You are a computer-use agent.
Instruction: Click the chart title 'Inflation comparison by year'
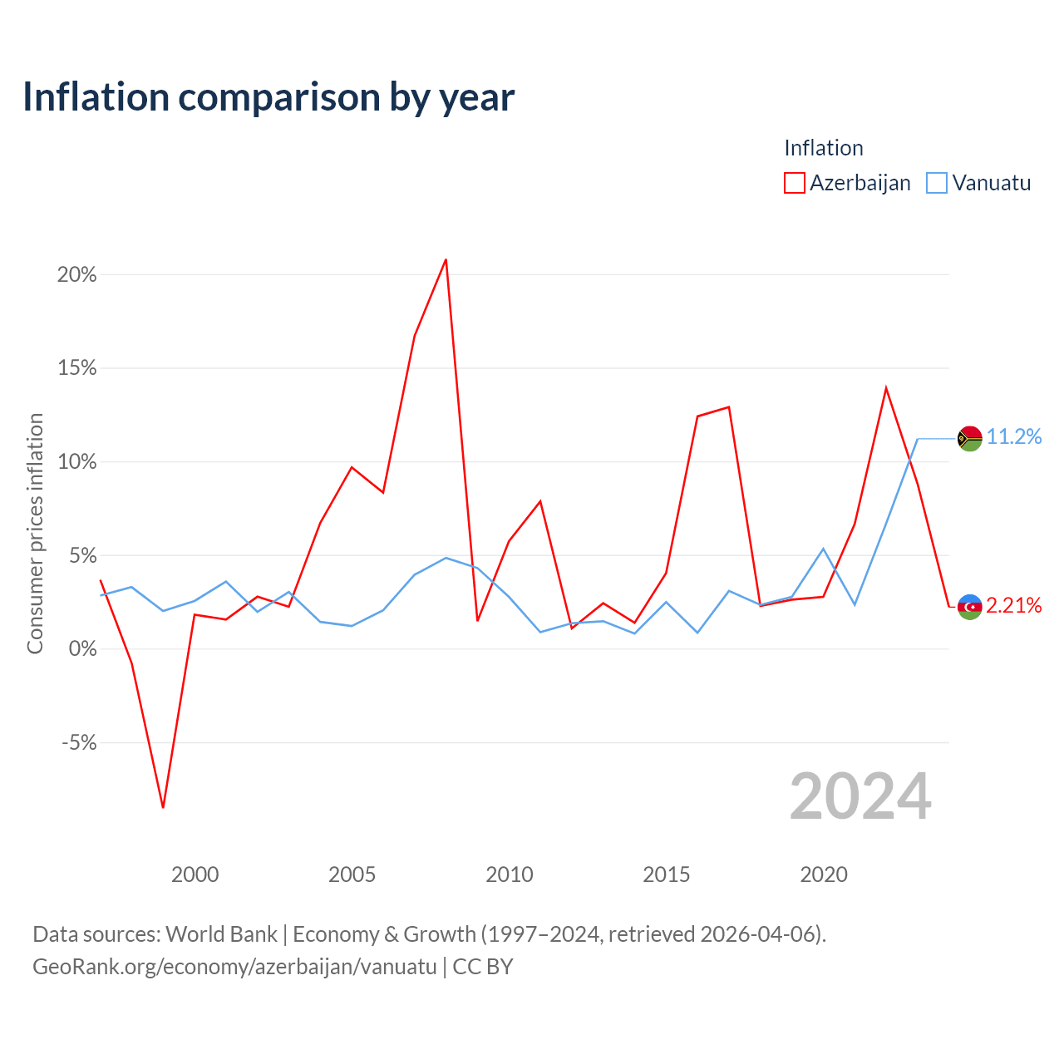pyautogui.click(x=268, y=97)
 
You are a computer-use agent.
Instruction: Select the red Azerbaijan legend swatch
pyautogui.click(x=794, y=183)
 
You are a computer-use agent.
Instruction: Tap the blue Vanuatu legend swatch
pyautogui.click(x=937, y=183)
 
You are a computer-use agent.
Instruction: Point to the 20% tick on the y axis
pyautogui.click(x=76, y=274)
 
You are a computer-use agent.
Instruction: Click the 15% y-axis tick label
pyautogui.click(x=76, y=367)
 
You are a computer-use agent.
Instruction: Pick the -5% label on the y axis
pyautogui.click(x=79, y=742)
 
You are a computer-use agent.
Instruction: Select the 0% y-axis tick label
pyautogui.click(x=83, y=648)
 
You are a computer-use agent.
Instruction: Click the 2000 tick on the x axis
pyautogui.click(x=195, y=874)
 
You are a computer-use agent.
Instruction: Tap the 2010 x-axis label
pyautogui.click(x=509, y=874)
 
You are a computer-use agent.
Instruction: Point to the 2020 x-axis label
pyautogui.click(x=824, y=874)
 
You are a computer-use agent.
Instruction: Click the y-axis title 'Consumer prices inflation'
pyautogui.click(x=35, y=534)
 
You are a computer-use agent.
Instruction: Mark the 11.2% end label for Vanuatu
pyautogui.click(x=1014, y=436)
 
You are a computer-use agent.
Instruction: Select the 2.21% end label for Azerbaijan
pyautogui.click(x=1014, y=606)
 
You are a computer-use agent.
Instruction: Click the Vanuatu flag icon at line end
pyautogui.click(x=969, y=439)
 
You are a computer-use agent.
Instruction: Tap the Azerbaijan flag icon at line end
pyautogui.click(x=969, y=608)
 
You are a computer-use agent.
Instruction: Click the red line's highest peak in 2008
pyautogui.click(x=446, y=259)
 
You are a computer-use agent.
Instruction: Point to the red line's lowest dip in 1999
pyautogui.click(x=163, y=807)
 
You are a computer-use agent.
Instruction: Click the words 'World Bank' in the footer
pyautogui.click(x=221, y=934)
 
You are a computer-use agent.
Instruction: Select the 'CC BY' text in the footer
pyautogui.click(x=483, y=967)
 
